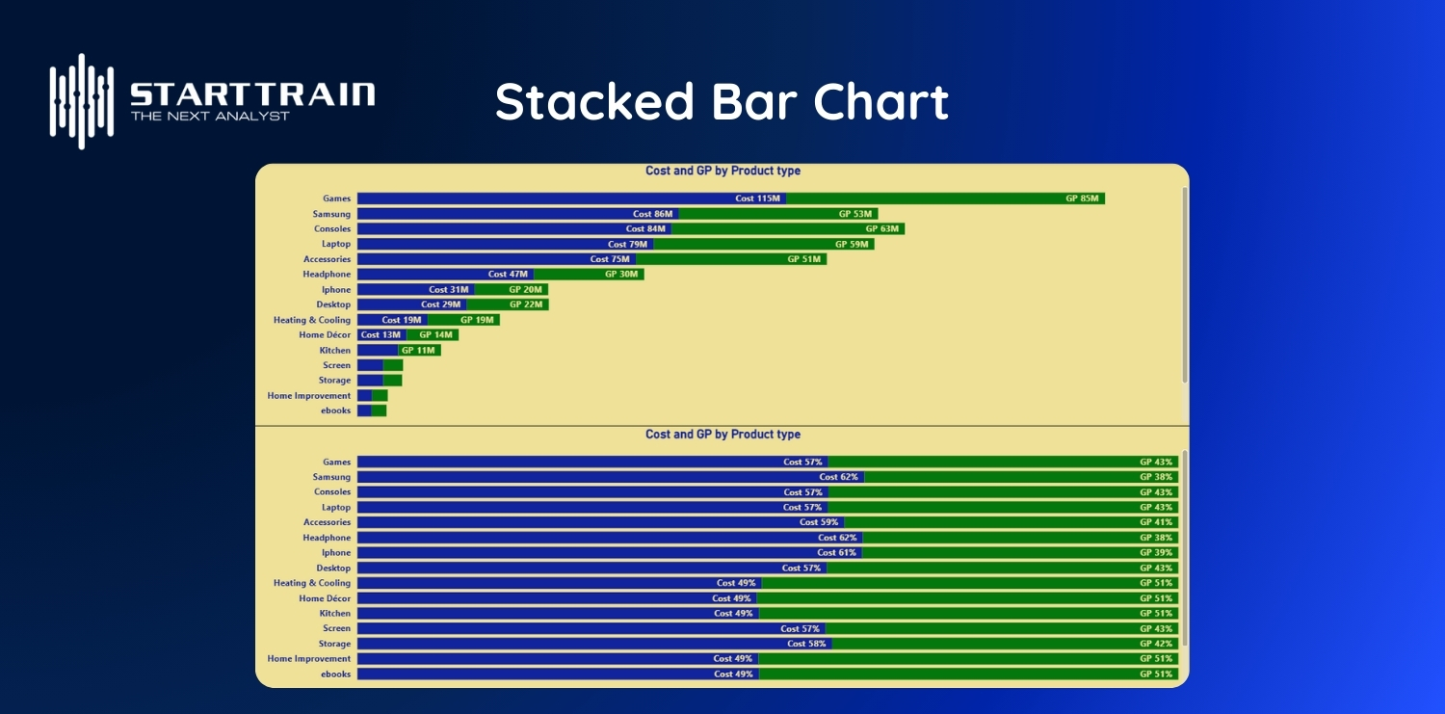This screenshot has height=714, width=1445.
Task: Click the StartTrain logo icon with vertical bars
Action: click(x=82, y=100)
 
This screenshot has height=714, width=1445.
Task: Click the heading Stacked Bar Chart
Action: click(x=722, y=101)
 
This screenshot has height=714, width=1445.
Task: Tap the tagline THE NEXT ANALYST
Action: click(x=210, y=116)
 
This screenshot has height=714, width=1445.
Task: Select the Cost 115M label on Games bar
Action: click(x=757, y=198)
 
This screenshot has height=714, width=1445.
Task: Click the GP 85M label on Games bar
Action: click(x=1082, y=198)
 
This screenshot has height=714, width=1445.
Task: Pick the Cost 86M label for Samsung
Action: click(x=652, y=214)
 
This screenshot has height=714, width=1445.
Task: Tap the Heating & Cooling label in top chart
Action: click(x=312, y=320)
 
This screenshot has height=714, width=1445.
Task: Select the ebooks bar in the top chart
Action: click(x=372, y=411)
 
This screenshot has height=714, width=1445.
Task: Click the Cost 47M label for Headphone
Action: click(x=508, y=275)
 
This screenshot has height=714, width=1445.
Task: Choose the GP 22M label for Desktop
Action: click(x=526, y=304)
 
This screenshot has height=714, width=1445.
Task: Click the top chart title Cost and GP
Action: click(x=722, y=172)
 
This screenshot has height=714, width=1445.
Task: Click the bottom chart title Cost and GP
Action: click(x=722, y=435)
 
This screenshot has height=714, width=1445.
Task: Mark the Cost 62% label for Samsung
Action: click(x=838, y=477)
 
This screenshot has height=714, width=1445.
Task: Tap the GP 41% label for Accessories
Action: click(x=1156, y=522)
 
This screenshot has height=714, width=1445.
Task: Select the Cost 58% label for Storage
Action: click(x=806, y=644)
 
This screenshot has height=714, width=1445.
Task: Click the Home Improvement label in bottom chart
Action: click(x=308, y=659)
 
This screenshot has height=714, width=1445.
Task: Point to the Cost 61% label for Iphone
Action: click(x=836, y=553)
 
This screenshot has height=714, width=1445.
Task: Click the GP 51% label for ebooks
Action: click(x=1156, y=674)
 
